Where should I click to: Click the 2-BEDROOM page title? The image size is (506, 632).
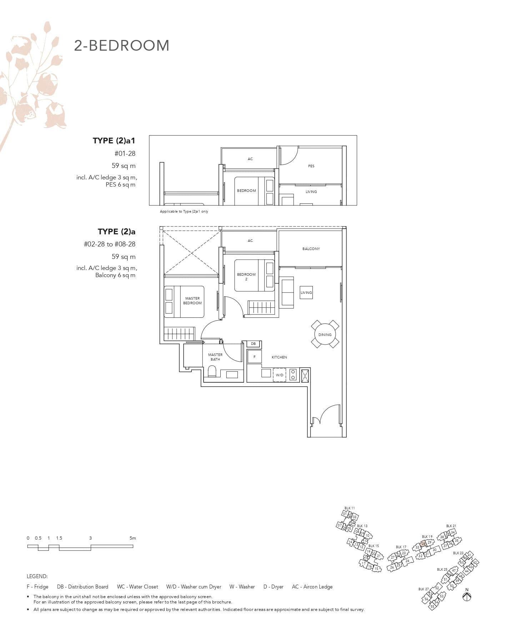click(121, 46)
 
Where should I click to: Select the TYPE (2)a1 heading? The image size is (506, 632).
click(114, 141)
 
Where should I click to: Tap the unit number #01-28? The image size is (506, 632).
click(125, 154)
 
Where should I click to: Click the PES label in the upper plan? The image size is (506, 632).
click(311, 166)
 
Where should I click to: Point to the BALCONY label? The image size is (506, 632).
click(311, 249)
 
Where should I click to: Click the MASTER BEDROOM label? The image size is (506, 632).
click(192, 301)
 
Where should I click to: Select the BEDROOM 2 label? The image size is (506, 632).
click(246, 276)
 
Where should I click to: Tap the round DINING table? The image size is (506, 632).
click(325, 335)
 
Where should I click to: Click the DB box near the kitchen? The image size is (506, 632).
click(253, 344)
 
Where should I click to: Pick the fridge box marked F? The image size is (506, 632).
click(254, 357)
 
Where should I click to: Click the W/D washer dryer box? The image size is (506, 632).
click(279, 375)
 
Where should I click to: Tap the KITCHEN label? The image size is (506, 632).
click(279, 357)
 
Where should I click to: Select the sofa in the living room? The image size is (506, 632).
click(287, 292)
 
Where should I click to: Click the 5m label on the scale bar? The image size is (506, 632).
click(133, 538)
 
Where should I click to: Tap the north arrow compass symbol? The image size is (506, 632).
click(466, 596)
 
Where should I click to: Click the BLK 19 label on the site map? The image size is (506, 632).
click(427, 536)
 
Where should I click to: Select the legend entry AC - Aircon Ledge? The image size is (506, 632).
click(312, 587)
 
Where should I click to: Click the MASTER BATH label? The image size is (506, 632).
click(215, 357)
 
